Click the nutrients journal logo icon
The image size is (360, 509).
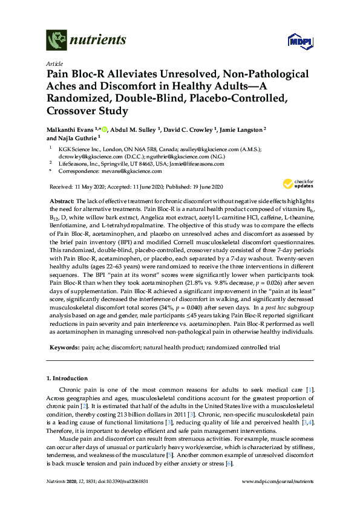point(56,40)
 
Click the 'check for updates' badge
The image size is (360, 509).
point(296,184)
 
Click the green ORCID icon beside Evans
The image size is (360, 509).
point(104,129)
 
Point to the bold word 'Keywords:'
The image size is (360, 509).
point(64,348)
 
